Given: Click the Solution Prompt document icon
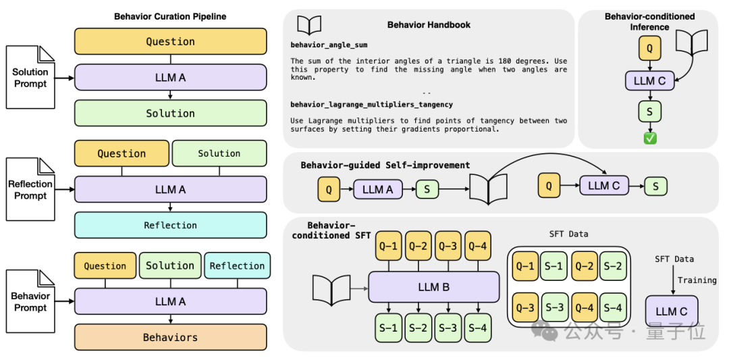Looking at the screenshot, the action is pyautogui.click(x=30, y=78).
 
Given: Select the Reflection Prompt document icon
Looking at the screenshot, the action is pyautogui.click(x=30, y=189).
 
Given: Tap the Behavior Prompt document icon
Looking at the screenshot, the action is pyautogui.click(x=30, y=301).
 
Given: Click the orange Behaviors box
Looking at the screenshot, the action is pyautogui.click(x=171, y=337).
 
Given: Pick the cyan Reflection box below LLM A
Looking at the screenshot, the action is pyautogui.click(x=171, y=226).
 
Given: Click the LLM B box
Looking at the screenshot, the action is pyautogui.click(x=434, y=287).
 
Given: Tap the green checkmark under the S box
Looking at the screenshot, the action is pyautogui.click(x=650, y=138).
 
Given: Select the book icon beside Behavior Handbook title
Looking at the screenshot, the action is pyautogui.click(x=309, y=25).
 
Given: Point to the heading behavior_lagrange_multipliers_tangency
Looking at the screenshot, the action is pyautogui.click(x=371, y=105).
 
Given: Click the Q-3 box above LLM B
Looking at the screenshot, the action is pyautogui.click(x=448, y=245).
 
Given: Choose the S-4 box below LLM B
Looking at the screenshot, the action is pyautogui.click(x=478, y=328).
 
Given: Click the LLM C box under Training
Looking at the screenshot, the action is pyautogui.click(x=672, y=311).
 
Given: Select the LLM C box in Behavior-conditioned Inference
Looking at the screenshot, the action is pyautogui.click(x=649, y=81).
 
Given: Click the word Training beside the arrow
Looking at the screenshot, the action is pyautogui.click(x=697, y=280).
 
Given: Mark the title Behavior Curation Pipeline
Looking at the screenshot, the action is pyautogui.click(x=171, y=17).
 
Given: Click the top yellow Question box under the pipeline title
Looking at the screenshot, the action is pyautogui.click(x=171, y=41).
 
